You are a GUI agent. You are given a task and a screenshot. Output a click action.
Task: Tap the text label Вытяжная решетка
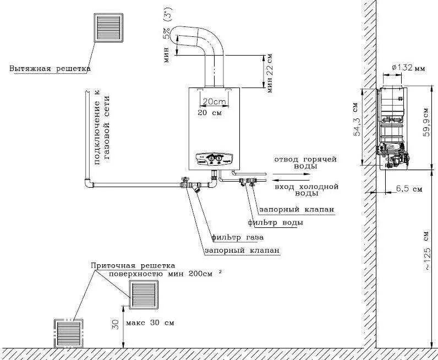pos(50,69)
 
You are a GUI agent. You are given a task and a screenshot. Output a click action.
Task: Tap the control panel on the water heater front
pos(213,160)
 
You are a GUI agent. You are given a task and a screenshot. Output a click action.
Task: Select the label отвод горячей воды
pos(305,162)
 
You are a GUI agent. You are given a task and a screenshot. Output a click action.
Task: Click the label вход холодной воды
pos(305,190)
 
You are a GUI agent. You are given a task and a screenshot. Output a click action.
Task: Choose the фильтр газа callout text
pos(237,238)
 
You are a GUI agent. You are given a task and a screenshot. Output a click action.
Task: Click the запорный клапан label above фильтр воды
pos(295,210)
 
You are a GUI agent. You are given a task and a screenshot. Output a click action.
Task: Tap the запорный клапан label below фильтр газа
pos(242,250)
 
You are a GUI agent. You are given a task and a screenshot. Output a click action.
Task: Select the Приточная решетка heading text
pos(133,265)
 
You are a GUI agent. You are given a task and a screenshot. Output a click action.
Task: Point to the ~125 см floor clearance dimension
pos(426,250)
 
